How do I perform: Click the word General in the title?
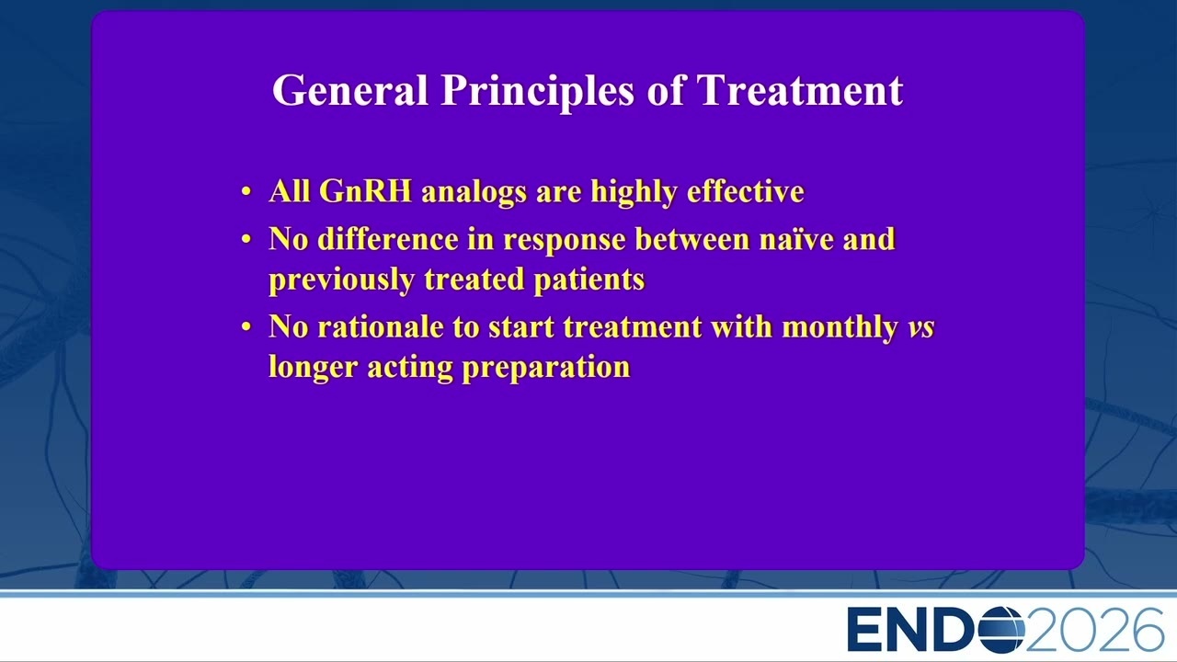point(350,90)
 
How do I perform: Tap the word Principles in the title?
point(538,91)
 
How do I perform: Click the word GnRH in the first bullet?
point(365,190)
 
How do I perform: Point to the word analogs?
point(474,192)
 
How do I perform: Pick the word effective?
point(745,190)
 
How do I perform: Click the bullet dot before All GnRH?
point(246,191)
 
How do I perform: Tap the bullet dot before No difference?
point(246,240)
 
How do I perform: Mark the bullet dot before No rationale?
point(246,326)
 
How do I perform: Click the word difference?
point(388,239)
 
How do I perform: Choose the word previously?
point(341,280)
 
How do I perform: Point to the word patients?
point(589,280)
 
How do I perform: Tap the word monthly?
point(840,328)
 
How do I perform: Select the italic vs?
point(921,328)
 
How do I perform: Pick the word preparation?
point(546,368)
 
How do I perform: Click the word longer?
point(314,368)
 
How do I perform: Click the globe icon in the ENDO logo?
point(1001,629)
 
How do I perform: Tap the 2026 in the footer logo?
point(1095,629)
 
